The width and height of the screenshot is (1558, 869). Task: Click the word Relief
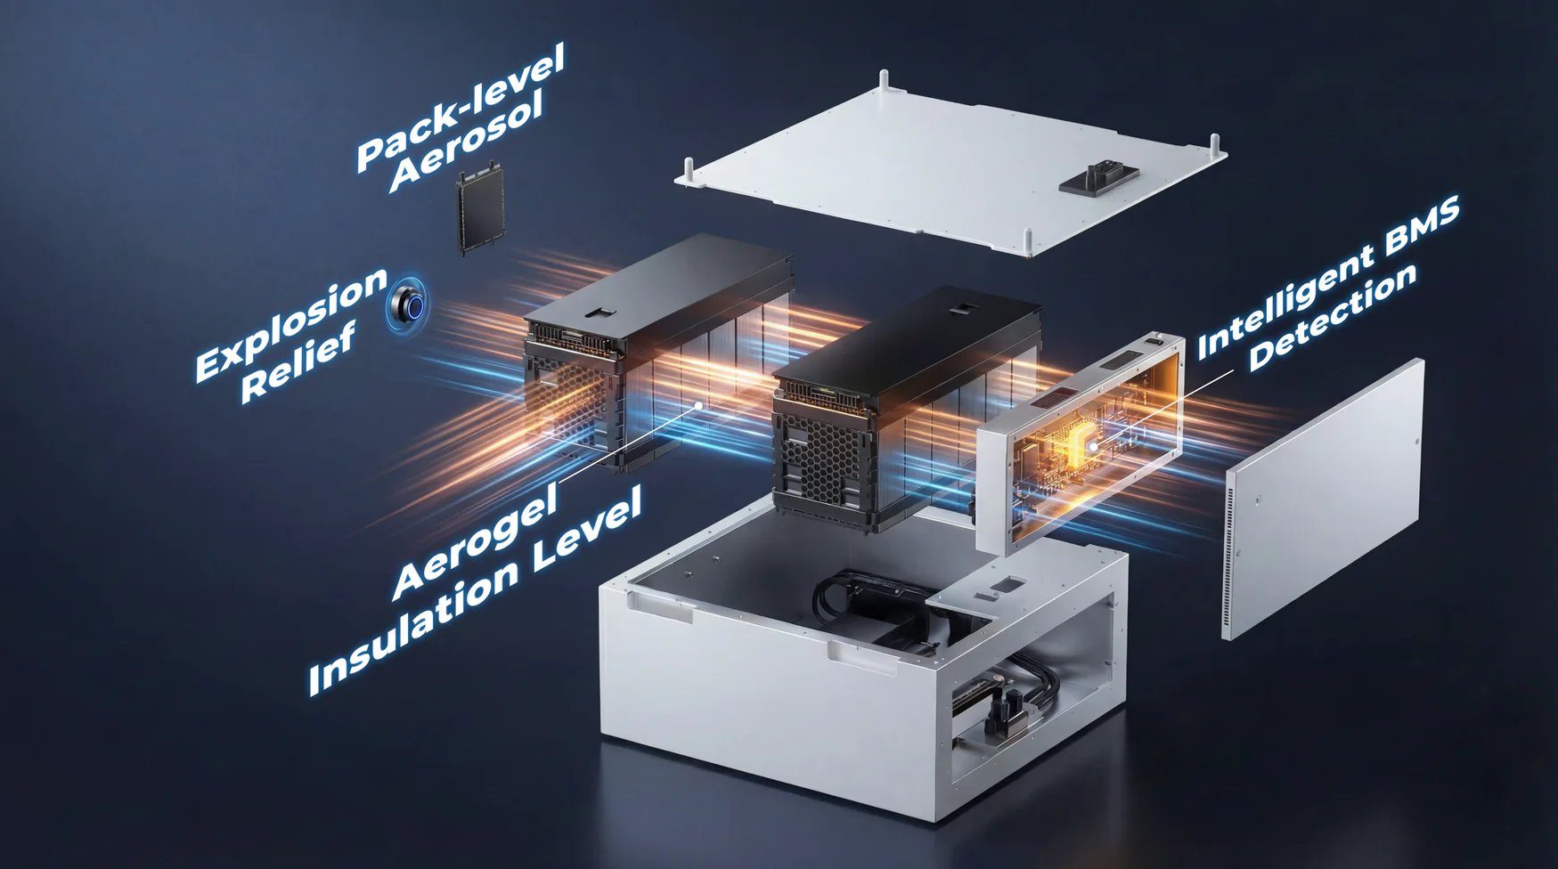tap(298, 361)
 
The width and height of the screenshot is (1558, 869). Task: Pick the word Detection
tap(1333, 317)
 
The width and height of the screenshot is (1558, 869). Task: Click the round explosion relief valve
tap(409, 307)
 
